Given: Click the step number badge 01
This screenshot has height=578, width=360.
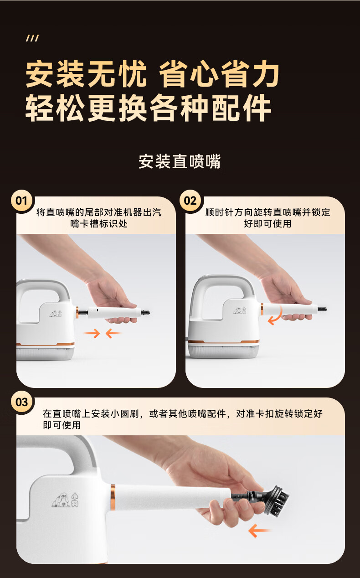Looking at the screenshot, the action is click(x=22, y=201).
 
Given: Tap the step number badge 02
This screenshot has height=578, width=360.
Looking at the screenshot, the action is click(x=190, y=201).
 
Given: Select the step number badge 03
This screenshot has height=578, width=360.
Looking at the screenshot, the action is click(x=22, y=402).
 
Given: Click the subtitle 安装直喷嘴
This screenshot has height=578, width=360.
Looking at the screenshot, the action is click(x=180, y=162).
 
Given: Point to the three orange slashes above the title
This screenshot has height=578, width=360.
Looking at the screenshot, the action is click(x=32, y=38).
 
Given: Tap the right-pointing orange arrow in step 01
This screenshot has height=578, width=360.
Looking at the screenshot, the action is click(x=92, y=333).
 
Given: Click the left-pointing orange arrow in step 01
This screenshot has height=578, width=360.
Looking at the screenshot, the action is click(x=113, y=333).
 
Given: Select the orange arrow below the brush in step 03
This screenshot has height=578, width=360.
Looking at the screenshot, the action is click(x=259, y=531).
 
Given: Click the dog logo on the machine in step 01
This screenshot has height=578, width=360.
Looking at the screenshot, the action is click(x=56, y=314).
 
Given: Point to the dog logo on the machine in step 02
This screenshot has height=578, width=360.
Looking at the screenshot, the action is click(x=240, y=310).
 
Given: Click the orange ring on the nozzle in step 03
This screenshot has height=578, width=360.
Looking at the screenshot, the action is click(x=113, y=497).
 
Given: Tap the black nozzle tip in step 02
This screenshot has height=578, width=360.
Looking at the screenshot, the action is click(x=322, y=309).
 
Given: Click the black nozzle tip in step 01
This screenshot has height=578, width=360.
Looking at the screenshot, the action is click(x=145, y=313).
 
